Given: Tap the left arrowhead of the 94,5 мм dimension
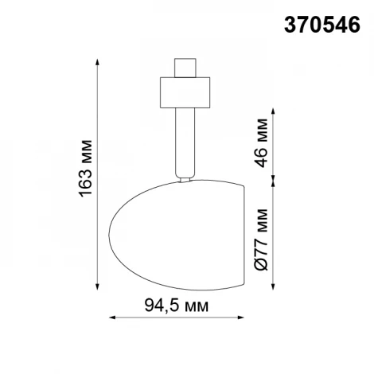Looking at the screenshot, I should tap(111, 318).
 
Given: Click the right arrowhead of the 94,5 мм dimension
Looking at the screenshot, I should tap(243, 318).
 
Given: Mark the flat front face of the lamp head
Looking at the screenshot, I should tap(242, 235).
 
